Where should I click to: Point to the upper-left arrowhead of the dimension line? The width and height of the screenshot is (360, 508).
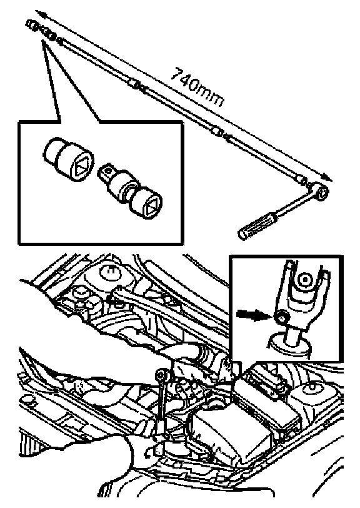(x=39, y=14)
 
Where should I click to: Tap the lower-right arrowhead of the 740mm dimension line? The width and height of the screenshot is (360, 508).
(x=327, y=178)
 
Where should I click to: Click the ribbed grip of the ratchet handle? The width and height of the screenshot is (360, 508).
(x=256, y=225)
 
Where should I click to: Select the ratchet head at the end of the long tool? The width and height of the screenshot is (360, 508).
(x=322, y=192)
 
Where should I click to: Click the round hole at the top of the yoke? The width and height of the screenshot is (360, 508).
(x=304, y=278)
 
